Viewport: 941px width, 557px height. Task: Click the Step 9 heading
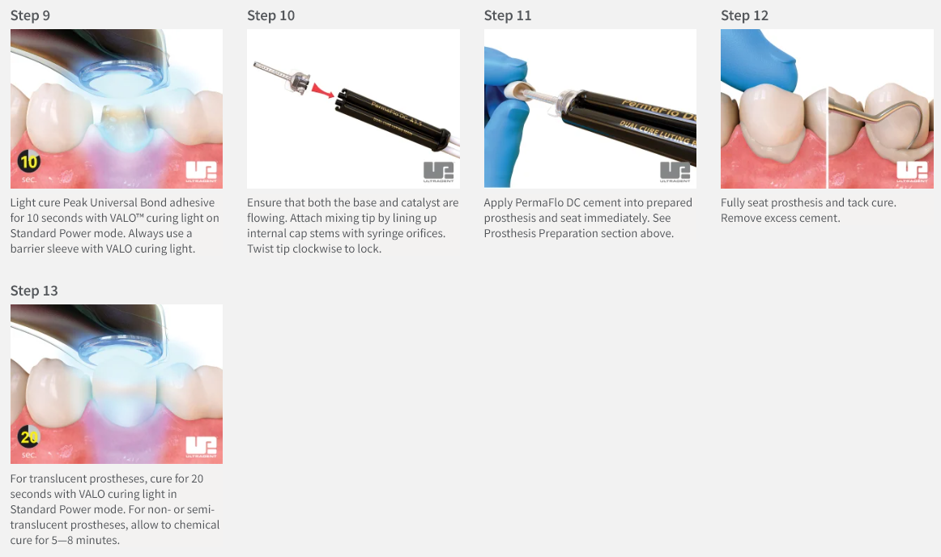pyautogui.click(x=30, y=15)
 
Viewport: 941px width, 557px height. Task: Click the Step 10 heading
pyautogui.click(x=270, y=15)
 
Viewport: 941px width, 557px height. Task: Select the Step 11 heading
pyautogui.click(x=508, y=15)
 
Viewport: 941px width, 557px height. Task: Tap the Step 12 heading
pyautogui.click(x=744, y=15)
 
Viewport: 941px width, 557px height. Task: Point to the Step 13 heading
pyautogui.click(x=34, y=291)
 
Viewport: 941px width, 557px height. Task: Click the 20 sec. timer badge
pyautogui.click(x=28, y=440)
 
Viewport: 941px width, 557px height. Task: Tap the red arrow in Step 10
pyautogui.click(x=323, y=91)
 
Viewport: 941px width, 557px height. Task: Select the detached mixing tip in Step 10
pyautogui.click(x=282, y=77)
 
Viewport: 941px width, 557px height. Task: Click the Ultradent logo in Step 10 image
pyautogui.click(x=439, y=172)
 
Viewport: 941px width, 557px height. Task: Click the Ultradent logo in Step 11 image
pyautogui.click(x=675, y=172)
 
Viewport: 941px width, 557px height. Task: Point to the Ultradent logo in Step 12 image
pyautogui.click(x=912, y=172)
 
